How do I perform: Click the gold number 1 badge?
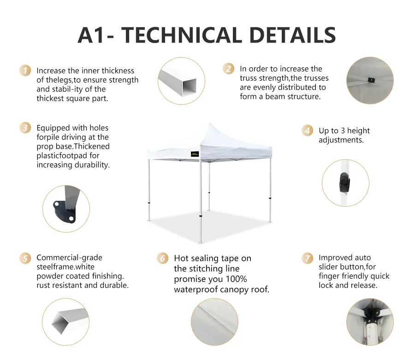[x=25, y=71]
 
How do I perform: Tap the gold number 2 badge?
[x=228, y=69]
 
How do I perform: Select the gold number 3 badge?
[x=25, y=128]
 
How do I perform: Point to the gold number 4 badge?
[x=307, y=130]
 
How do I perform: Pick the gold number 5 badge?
[x=25, y=258]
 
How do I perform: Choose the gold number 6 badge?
[x=162, y=258]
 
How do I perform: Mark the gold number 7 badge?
[x=307, y=258]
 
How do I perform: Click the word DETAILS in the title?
[x=293, y=35]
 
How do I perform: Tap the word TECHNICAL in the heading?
[x=182, y=35]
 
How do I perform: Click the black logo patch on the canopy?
[x=195, y=154]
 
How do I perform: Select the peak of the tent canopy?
[x=209, y=123]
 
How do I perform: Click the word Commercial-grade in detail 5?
[x=69, y=258]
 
